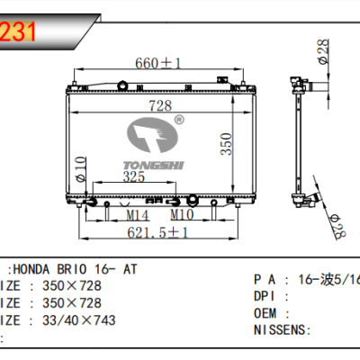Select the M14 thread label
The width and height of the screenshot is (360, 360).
[x=138, y=216]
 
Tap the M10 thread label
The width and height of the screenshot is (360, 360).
[x=183, y=216]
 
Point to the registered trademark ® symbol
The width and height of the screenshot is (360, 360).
[x=179, y=120]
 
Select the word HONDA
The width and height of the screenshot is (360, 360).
[x=40, y=269]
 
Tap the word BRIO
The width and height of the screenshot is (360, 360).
[x=84, y=269]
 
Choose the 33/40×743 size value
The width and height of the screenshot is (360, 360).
[x=74, y=319]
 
